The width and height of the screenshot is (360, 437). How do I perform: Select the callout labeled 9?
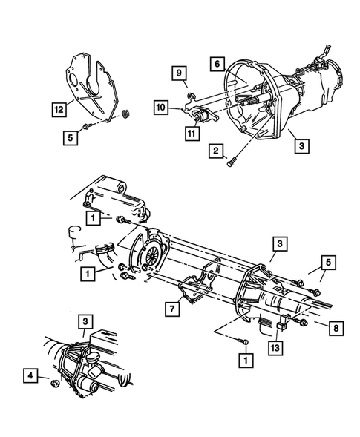pos(178,72)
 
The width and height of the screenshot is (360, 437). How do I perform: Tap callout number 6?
pos(217,64)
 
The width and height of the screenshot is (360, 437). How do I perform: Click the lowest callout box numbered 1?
pos(242,358)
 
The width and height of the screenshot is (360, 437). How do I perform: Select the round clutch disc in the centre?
pos(152,257)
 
